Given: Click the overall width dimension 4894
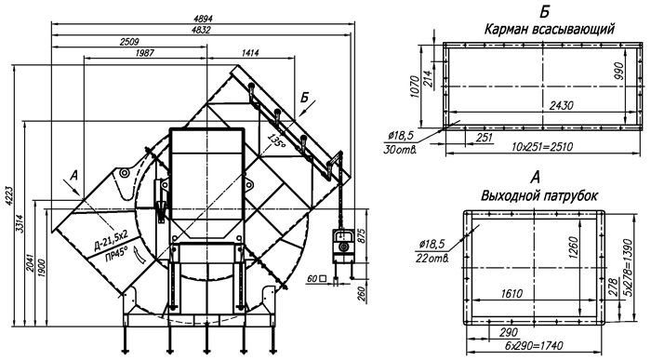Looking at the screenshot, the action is pos(203,19).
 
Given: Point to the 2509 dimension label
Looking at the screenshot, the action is pos(129,42).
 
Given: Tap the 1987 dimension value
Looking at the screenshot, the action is pos(144,53).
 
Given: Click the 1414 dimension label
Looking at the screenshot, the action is pos(250,53).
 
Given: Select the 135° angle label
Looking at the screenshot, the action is pos(276,141).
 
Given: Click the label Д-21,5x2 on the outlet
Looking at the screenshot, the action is pos(112,242).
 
